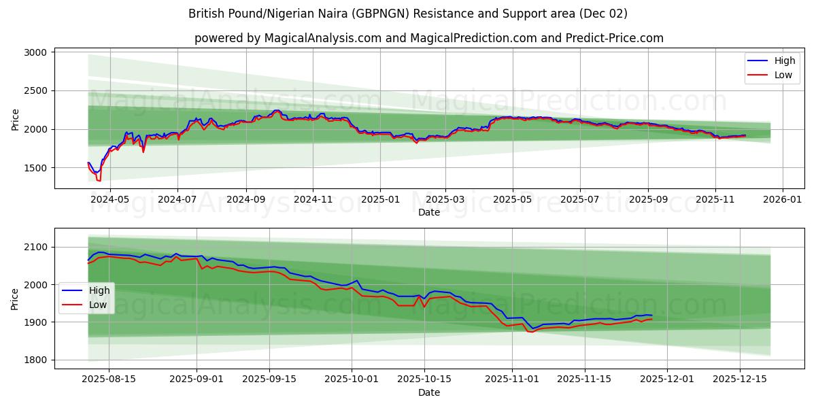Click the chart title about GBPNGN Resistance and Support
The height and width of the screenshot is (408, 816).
408,14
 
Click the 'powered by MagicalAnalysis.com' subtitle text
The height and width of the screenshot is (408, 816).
428,38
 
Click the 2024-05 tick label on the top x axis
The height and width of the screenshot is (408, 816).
109,200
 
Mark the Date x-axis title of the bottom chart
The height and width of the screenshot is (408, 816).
428,392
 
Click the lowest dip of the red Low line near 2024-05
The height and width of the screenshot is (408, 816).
99,181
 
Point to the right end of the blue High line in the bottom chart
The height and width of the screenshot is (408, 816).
651,316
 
